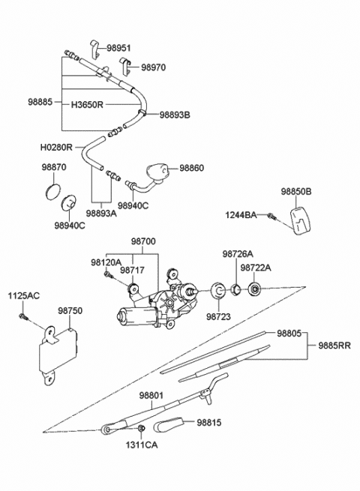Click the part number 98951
point(118,48)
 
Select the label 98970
point(153,67)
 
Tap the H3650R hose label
point(87,104)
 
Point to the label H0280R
point(56,147)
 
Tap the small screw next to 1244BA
point(271,216)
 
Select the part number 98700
point(143,241)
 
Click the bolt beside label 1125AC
point(23,316)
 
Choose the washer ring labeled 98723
point(217,291)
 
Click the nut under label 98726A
point(235,289)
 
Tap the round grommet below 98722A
point(254,289)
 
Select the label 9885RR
point(334,346)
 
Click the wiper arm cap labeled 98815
point(169,424)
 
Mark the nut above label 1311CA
point(141,428)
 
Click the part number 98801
point(151,396)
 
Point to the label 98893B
point(175,115)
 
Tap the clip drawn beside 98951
point(95,49)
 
